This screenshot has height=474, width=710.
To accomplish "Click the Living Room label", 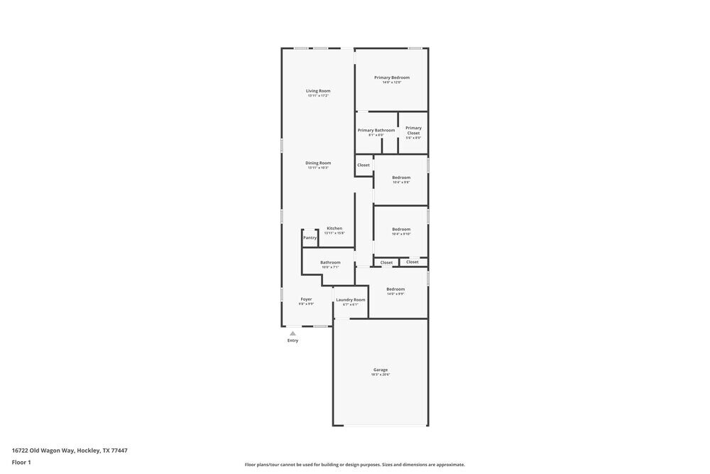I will pyautogui.click(x=318, y=91).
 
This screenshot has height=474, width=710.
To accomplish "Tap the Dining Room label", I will pyautogui.click(x=318, y=163).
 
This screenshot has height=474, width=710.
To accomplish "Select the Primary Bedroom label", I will pyautogui.click(x=392, y=77).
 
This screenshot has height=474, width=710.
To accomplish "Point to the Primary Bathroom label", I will pyautogui.click(x=376, y=130).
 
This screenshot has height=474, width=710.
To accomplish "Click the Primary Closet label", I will pyautogui.click(x=413, y=130).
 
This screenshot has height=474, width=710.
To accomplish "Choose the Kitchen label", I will pyautogui.click(x=334, y=228).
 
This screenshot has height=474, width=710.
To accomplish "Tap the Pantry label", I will pyautogui.click(x=310, y=237).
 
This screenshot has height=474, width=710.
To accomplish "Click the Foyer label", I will pyautogui.click(x=306, y=299).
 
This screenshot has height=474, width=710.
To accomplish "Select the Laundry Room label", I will pyautogui.click(x=351, y=299).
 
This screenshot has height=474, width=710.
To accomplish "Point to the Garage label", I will pyautogui.click(x=381, y=370).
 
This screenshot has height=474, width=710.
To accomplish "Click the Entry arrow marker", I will pyautogui.click(x=293, y=333).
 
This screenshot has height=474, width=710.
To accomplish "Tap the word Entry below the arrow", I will pyautogui.click(x=293, y=340).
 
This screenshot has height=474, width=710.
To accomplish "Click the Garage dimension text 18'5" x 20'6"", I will pyautogui.click(x=381, y=375).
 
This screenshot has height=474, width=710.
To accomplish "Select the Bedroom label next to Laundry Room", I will pyautogui.click(x=395, y=289).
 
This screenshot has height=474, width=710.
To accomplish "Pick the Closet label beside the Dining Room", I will pyautogui.click(x=364, y=165).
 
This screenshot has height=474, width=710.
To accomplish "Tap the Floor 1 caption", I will pyautogui.click(x=21, y=462).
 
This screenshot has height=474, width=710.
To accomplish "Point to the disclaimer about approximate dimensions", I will pyautogui.click(x=355, y=465).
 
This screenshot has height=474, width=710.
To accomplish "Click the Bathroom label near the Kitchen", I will pyautogui.click(x=330, y=262).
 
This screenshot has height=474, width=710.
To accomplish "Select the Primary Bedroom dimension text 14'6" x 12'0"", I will pyautogui.click(x=392, y=82).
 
